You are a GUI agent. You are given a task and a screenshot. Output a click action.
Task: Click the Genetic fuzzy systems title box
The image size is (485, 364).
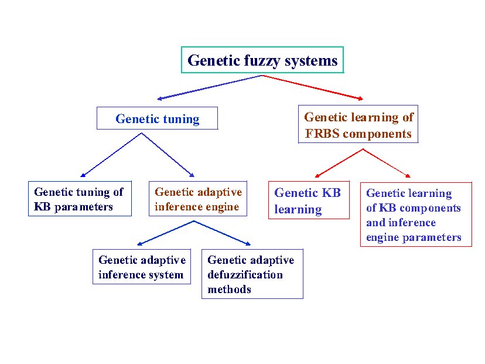262,60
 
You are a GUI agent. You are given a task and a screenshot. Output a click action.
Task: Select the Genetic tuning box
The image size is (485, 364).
157,118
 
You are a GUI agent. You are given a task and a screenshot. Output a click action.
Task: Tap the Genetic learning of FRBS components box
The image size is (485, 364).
358,124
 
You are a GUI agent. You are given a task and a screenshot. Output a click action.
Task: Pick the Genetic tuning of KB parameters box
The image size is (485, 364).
80,199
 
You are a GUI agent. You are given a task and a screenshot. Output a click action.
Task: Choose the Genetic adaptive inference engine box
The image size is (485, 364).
198,199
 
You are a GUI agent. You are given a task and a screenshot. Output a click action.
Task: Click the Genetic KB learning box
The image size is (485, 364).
309,200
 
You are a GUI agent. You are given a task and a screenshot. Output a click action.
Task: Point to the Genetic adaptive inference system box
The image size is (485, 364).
142,267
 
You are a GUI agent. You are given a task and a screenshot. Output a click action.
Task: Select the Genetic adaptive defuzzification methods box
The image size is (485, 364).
252,274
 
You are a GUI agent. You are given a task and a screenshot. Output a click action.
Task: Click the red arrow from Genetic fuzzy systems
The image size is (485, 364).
312,87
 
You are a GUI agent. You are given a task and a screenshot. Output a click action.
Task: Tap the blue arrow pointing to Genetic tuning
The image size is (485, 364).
209,87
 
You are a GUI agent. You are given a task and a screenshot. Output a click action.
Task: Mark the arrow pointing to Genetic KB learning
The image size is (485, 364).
339,163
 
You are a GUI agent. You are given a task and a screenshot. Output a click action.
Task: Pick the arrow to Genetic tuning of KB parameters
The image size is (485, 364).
111,155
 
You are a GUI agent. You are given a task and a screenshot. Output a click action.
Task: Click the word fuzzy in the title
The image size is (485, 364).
262,61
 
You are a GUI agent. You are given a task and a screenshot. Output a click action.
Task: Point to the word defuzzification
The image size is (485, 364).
245,274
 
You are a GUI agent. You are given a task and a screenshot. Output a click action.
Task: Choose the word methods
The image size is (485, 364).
229,289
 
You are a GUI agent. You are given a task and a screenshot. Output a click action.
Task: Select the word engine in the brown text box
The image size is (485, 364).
223,207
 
